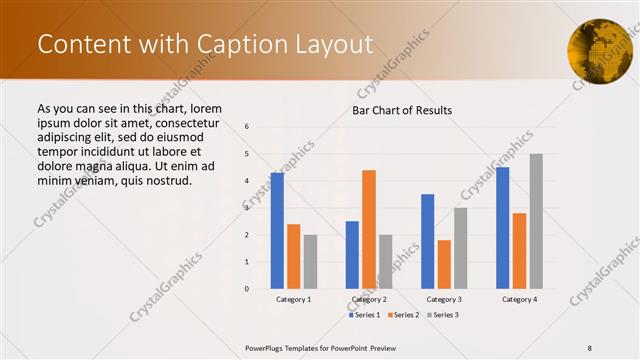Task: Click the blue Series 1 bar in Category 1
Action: pyautogui.click(x=277, y=231)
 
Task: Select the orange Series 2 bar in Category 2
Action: pyautogui.click(x=369, y=229)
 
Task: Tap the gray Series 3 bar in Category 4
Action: pyautogui.click(x=536, y=221)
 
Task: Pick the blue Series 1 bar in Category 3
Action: pyautogui.click(x=428, y=241)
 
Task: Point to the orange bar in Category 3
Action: pyautogui.click(x=444, y=264)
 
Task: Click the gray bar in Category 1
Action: pyautogui.click(x=310, y=262)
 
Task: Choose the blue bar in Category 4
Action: pyautogui.click(x=503, y=228)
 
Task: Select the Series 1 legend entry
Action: pyautogui.click(x=365, y=315)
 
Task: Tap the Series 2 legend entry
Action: pyautogui.click(x=403, y=315)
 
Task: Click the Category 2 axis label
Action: pyautogui.click(x=369, y=299)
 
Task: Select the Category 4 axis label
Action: pyautogui.click(x=519, y=299)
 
